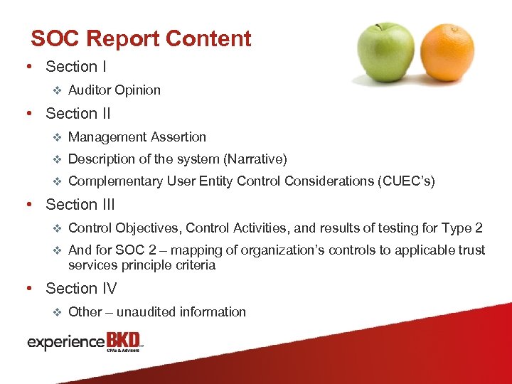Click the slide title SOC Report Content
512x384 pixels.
(x=141, y=38)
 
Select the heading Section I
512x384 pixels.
(x=76, y=67)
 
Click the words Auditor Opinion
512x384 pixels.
(x=114, y=90)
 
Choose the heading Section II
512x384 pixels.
(x=78, y=114)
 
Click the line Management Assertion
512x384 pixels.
(x=137, y=137)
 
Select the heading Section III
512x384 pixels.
(x=80, y=205)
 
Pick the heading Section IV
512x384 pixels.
(x=81, y=289)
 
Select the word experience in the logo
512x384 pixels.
(x=66, y=343)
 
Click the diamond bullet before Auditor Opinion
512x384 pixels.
(x=59, y=90)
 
